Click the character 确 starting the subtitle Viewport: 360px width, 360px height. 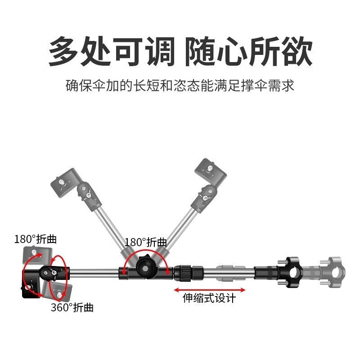point(72,85)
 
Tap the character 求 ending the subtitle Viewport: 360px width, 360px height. point(288,85)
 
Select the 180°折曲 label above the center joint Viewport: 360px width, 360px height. point(146,242)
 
